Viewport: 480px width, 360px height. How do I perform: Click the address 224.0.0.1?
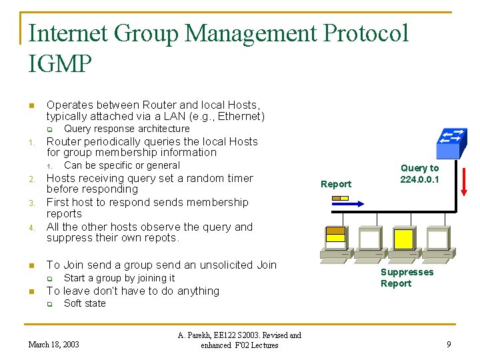pos(419,179)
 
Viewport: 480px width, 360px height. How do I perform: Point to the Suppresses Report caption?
pos(407,277)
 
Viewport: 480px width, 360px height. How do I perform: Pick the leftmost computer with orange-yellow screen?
pos(335,241)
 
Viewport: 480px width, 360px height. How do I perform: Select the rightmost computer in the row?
pos(438,241)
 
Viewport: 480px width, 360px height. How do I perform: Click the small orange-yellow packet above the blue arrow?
pos(341,197)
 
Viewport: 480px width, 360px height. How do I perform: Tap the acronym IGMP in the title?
pos(60,64)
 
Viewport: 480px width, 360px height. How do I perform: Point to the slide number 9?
pos(449,344)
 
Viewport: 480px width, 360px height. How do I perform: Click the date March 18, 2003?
pos(53,344)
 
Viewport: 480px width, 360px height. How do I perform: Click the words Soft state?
pos(85,303)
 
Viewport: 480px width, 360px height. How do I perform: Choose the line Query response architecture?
pos(127,129)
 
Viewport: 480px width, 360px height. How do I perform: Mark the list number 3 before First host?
pos(31,203)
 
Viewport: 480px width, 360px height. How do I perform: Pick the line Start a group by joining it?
pos(119,278)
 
